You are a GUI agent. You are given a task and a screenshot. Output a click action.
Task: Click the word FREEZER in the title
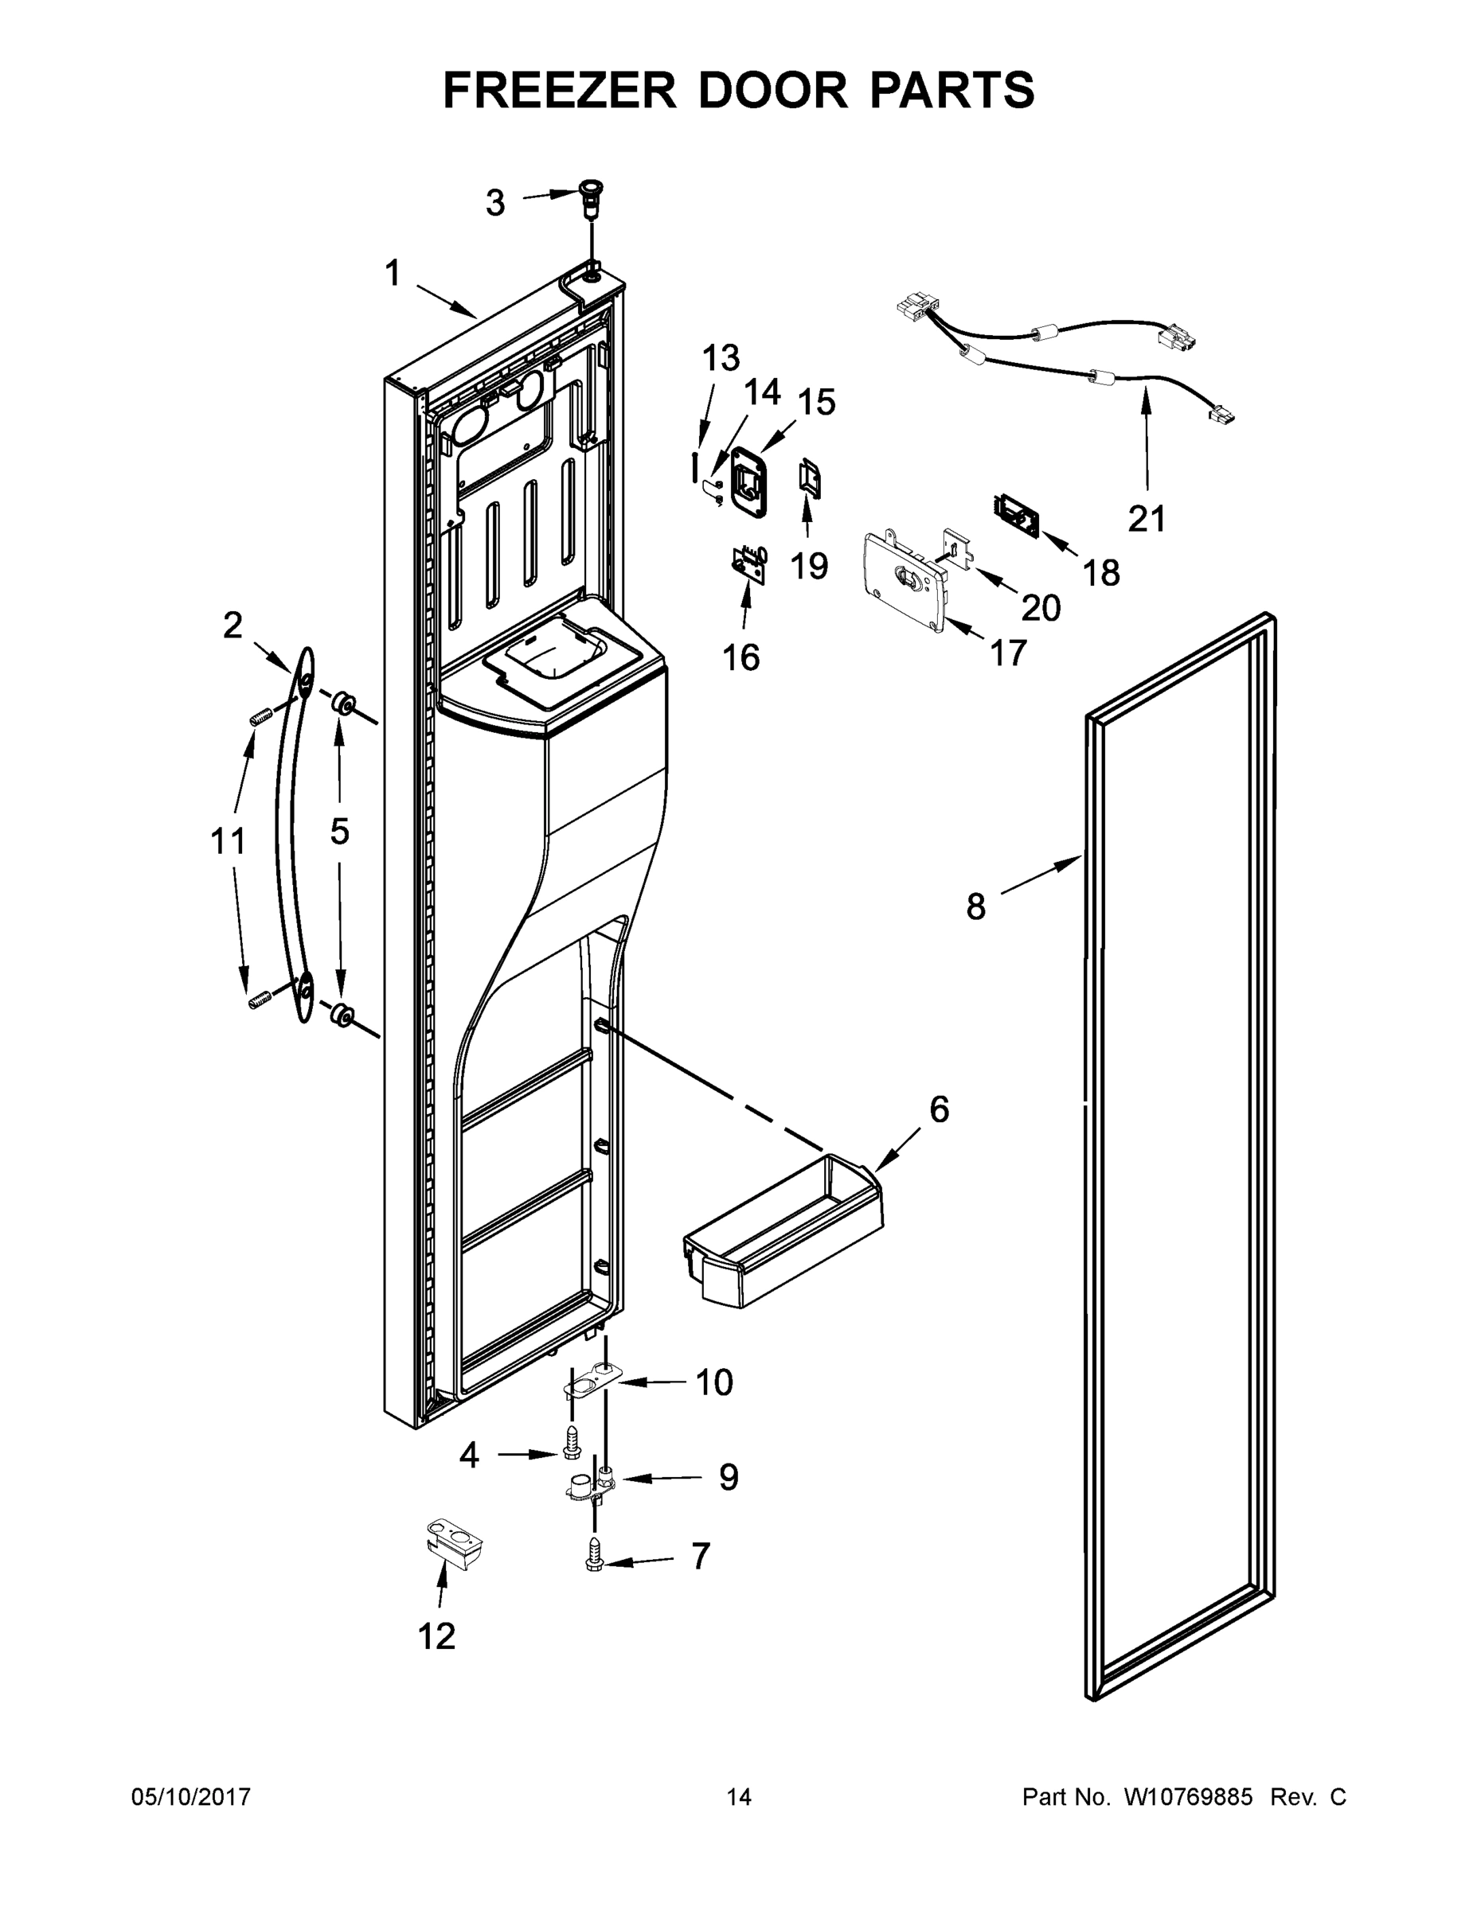pyautogui.click(x=559, y=90)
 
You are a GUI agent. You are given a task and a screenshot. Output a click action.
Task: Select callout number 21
pyautogui.click(x=1147, y=518)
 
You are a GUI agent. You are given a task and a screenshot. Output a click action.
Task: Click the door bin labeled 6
pyautogui.click(x=783, y=1241)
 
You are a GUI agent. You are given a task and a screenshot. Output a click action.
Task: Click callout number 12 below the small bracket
pyautogui.click(x=436, y=1635)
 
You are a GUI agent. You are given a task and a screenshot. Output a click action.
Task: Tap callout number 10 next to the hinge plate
pyautogui.click(x=714, y=1382)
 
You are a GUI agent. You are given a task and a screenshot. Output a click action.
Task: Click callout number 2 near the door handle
pyautogui.click(x=232, y=626)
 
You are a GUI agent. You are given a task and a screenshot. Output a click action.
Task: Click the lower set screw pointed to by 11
pyautogui.click(x=258, y=1000)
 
